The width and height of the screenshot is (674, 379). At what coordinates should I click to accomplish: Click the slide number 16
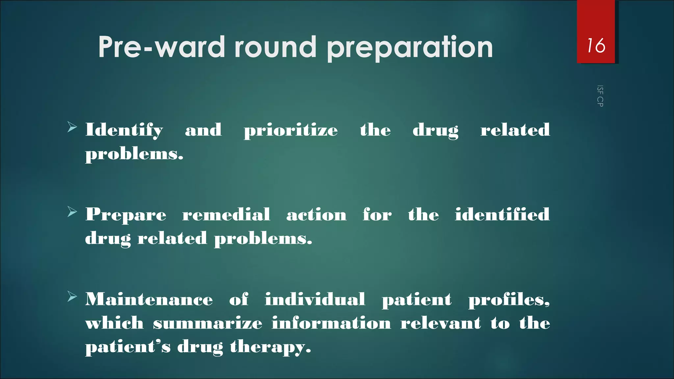coord(596,45)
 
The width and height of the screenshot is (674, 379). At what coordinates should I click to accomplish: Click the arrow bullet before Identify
coord(72,127)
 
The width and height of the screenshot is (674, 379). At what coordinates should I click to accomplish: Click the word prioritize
coord(291,131)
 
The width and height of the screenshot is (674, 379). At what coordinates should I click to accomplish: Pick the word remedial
coord(226,215)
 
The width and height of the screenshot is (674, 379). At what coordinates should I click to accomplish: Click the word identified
coord(502,215)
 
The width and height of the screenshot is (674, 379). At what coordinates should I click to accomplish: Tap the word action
coord(316,215)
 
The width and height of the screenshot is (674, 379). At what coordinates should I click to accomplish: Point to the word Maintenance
coord(149,300)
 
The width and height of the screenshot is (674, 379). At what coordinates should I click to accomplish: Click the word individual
coord(315,300)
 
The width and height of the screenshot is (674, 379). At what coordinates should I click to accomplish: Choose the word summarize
coord(208,323)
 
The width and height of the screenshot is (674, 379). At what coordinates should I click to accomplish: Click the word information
coord(331,323)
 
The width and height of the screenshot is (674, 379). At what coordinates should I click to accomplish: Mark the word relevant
coord(441,323)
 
